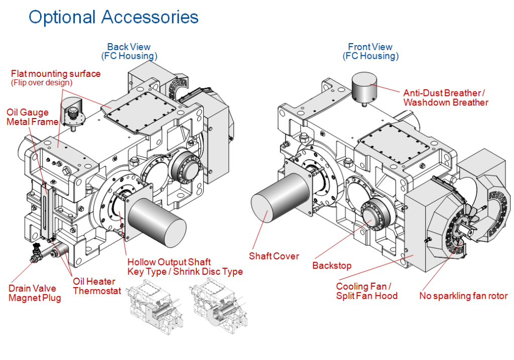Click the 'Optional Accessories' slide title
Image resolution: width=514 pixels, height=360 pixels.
pyautogui.click(x=113, y=17)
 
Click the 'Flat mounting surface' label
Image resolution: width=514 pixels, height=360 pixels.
pyautogui.click(x=56, y=74)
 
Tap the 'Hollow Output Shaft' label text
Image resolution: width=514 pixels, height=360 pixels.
pyautogui.click(x=169, y=262)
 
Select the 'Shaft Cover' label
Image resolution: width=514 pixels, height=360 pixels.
pyautogui.click(x=274, y=256)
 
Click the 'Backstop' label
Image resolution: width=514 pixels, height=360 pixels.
pyautogui.click(x=332, y=265)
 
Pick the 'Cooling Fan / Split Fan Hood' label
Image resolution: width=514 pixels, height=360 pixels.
pyautogui.click(x=366, y=291)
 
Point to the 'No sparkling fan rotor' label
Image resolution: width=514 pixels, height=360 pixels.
pyautogui.click(x=463, y=296)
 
